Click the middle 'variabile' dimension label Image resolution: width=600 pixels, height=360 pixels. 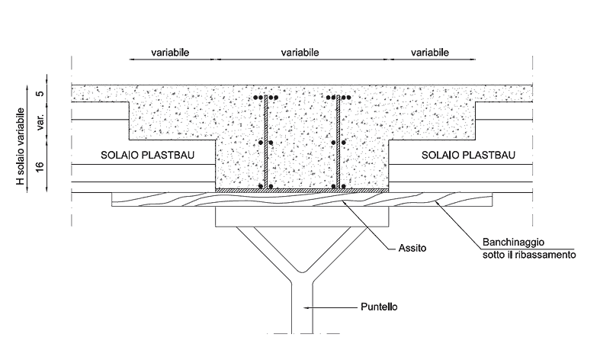coord(300,53)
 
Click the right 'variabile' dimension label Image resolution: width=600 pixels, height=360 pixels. coord(429,53)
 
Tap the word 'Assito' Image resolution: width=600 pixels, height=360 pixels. coord(412,248)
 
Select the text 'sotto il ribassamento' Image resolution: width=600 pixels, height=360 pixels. coord(528,254)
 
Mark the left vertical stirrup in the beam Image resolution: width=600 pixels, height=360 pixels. coord(264,145)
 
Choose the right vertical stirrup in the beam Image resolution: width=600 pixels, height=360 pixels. coord(336,145)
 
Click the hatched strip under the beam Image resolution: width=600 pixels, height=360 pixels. coord(302,190)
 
